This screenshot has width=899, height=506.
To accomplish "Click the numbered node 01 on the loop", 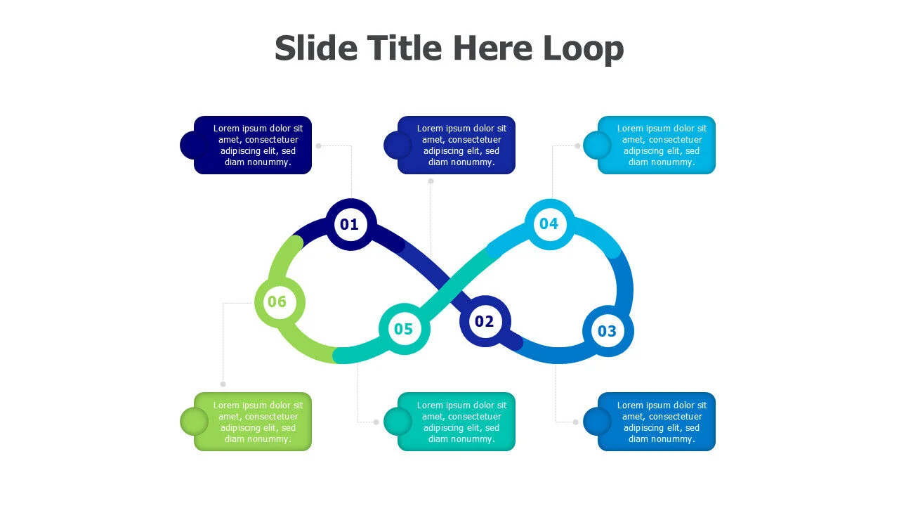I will tap(350, 224).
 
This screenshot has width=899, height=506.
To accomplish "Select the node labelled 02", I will tap(485, 322).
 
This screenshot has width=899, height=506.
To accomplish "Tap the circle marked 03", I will tap(608, 330).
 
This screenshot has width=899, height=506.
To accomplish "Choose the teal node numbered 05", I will tap(404, 328).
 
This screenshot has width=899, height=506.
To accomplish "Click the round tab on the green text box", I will tap(193, 422).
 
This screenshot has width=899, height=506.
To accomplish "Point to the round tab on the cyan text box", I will tap(597, 145).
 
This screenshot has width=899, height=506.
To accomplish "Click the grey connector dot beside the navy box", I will tap(318, 146).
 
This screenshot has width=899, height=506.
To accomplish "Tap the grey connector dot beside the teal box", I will tap(376, 422).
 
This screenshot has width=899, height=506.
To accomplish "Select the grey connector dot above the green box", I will tap(223, 384).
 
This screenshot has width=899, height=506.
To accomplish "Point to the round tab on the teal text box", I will tap(397, 422).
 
